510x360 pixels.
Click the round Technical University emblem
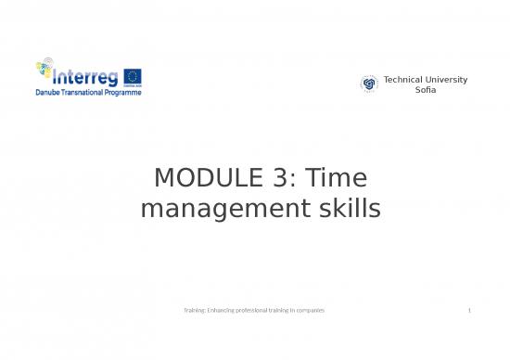coord(369,84)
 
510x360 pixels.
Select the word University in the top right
coord(446,79)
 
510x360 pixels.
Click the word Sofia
coord(425,89)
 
